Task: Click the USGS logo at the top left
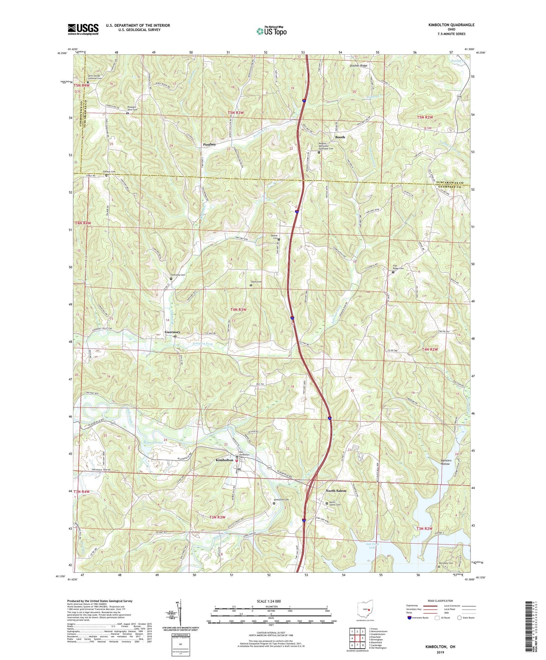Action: coord(83,29)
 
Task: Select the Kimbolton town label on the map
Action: coord(224,460)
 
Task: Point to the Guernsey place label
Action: coord(172,332)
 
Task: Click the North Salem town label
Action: coord(336,491)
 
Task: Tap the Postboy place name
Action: coord(210,144)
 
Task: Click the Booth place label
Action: coord(340,137)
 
